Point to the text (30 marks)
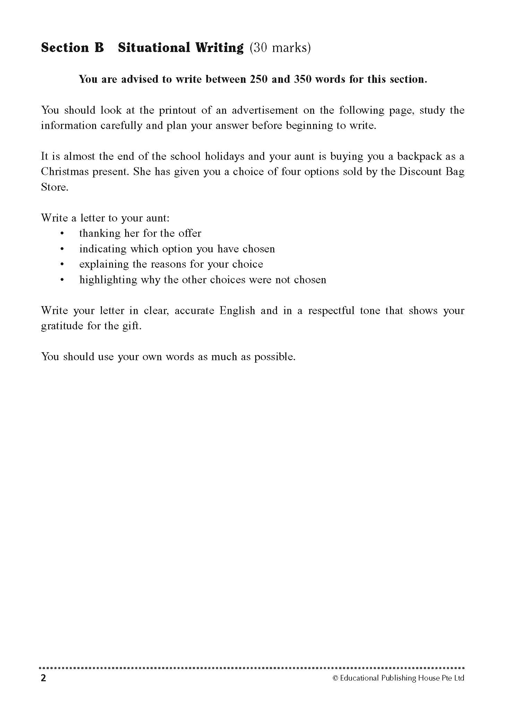pyautogui.click(x=280, y=48)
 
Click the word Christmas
pyautogui.click(x=64, y=172)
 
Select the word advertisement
pyautogui.click(x=265, y=111)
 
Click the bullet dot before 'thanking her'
pyautogui.click(x=62, y=234)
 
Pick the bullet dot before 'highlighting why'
pyautogui.click(x=62, y=280)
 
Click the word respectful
pyautogui.click(x=331, y=311)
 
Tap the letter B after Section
pyautogui.click(x=99, y=48)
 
